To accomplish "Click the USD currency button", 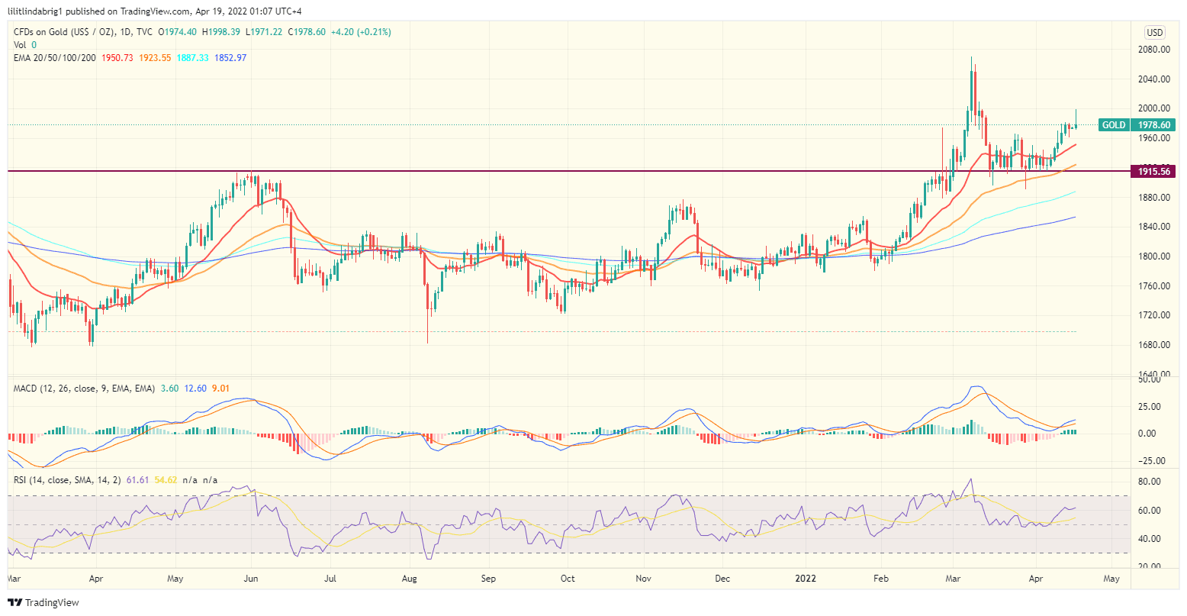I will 1154,32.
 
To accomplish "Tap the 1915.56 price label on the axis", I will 1153,172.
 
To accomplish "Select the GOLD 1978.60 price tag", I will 1136,125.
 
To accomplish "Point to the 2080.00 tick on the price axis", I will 1154,50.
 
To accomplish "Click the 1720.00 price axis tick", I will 1154,315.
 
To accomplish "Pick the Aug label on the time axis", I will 409,579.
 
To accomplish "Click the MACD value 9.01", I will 220,389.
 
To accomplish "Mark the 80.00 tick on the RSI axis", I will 1150,482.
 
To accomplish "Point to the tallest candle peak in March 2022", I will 971,58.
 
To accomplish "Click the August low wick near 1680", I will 428,340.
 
